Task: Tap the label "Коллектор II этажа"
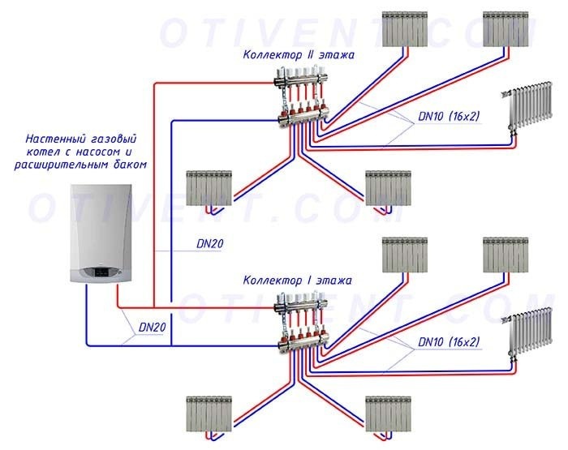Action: pyautogui.click(x=298, y=54)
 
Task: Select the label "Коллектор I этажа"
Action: pyautogui.click(x=297, y=281)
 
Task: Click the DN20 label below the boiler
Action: pyautogui.click(x=152, y=328)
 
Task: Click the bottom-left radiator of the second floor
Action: pyautogui.click(x=209, y=187)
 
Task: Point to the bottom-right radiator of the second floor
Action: pyautogui.click(x=388, y=187)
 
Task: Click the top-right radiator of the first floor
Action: pyautogui.click(x=505, y=255)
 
